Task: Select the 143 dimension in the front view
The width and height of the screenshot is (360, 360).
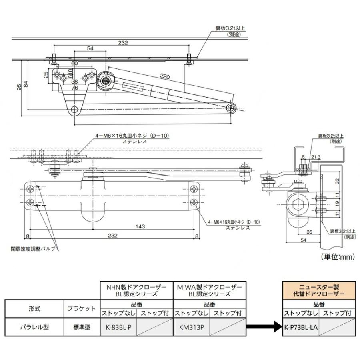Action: coord(140,226)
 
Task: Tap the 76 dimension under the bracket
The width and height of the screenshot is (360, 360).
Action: coord(74,88)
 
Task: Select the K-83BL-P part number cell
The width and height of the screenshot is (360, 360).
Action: coord(118,327)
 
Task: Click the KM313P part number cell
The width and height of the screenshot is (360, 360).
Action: coord(191,327)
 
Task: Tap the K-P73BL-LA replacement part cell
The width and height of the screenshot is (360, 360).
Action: coord(301,327)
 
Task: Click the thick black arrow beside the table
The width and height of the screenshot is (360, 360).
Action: coord(264,327)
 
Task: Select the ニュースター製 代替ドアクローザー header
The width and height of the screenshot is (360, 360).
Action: coord(319,290)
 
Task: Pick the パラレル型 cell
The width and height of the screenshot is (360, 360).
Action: coord(34,327)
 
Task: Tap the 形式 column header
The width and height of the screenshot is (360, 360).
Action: coord(34,308)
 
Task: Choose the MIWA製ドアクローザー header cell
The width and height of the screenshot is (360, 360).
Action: coord(210,290)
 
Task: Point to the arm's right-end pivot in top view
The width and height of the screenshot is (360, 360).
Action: coord(231,107)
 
